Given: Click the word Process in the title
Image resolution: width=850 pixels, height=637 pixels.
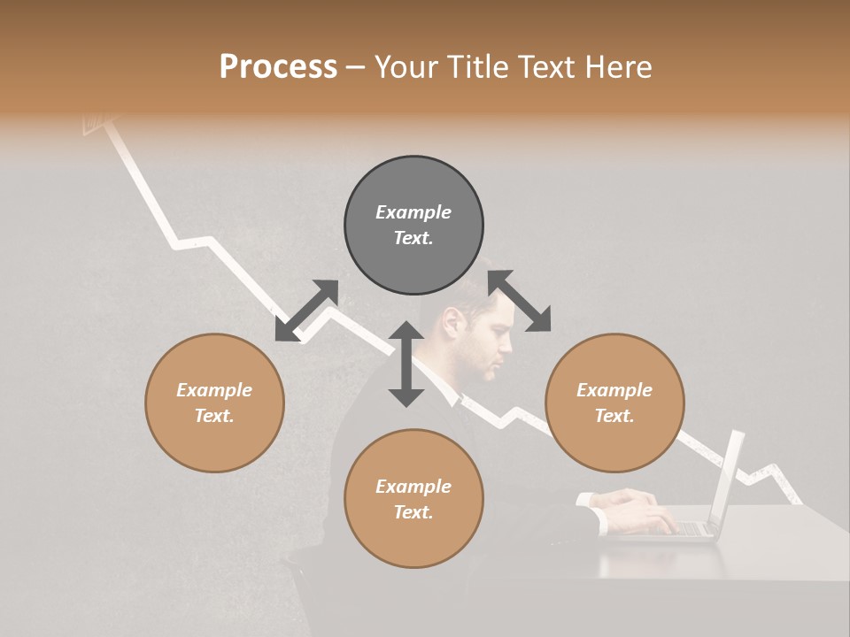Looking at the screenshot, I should [x=278, y=67].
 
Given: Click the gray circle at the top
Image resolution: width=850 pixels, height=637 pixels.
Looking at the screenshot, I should [x=413, y=225].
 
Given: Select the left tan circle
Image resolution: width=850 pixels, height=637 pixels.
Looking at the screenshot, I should [x=214, y=403].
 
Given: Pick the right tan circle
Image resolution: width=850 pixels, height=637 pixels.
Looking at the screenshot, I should [x=614, y=403].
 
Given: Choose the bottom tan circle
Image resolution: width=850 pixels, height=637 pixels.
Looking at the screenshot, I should [x=413, y=498].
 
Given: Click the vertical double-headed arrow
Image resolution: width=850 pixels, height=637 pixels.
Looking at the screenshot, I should [x=406, y=365].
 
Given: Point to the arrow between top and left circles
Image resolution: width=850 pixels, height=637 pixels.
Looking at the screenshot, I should [x=306, y=311].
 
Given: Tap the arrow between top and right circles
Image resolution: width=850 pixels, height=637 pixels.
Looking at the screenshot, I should [x=519, y=301].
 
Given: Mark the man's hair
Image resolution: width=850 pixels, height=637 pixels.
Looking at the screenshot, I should [x=483, y=296].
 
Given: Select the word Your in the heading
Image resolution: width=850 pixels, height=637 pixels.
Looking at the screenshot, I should [x=406, y=67].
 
